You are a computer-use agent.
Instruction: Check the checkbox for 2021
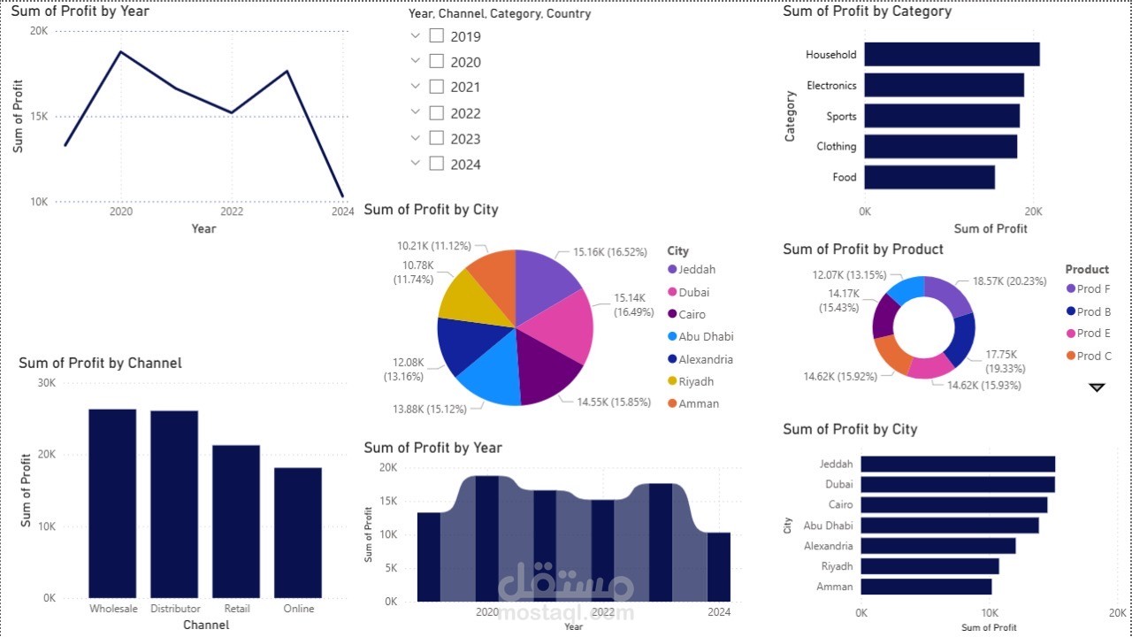436,87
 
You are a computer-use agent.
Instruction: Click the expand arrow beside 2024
416,164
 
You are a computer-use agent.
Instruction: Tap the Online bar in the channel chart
298,532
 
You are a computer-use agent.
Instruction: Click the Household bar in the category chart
952,54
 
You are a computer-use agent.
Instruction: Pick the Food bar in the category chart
929,177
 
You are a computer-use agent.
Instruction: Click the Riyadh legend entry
696,381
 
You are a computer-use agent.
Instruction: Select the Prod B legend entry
1094,311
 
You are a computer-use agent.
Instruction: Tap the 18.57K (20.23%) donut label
1009,281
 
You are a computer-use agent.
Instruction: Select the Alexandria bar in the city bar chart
937,546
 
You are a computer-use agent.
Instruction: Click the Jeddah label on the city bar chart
836,464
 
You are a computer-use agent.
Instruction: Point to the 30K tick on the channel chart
45,383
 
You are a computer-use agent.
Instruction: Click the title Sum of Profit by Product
863,249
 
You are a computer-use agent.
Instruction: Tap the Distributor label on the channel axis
175,609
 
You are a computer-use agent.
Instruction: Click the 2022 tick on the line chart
232,212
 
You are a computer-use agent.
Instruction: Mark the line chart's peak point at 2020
121,51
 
